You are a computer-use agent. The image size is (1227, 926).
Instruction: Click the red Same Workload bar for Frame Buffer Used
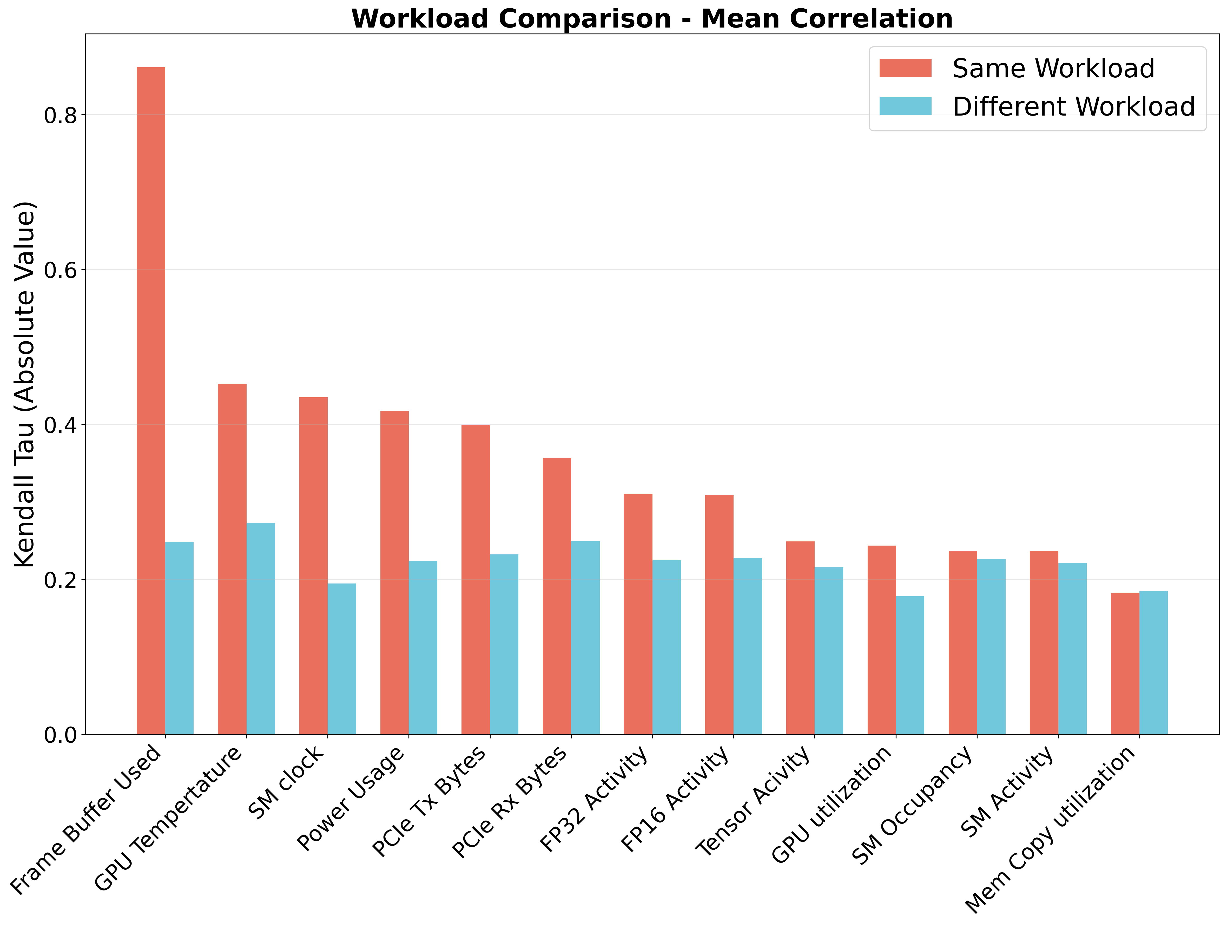click(x=151, y=401)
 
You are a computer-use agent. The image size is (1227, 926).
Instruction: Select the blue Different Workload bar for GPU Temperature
click(x=261, y=629)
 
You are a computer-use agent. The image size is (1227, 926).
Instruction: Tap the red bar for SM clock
click(x=313, y=566)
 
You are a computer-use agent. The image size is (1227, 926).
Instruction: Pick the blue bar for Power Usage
click(x=423, y=648)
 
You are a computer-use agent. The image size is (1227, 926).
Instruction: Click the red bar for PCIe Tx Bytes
click(x=476, y=580)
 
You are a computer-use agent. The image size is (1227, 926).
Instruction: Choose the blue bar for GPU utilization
click(x=910, y=665)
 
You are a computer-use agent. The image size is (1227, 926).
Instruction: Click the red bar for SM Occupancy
click(x=963, y=643)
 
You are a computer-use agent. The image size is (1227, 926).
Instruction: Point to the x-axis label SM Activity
click(x=1008, y=792)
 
